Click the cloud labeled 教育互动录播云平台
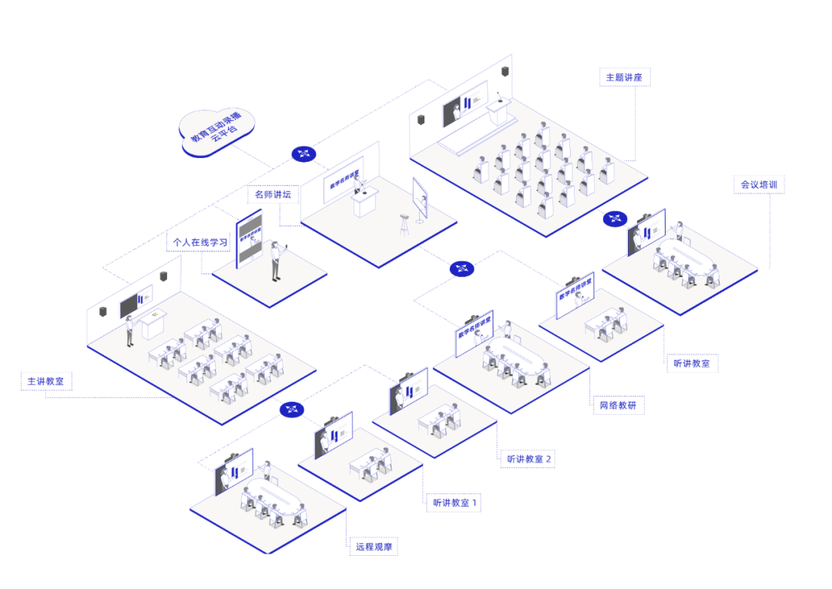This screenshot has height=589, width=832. tap(216, 132)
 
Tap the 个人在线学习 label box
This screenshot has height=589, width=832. tap(199, 242)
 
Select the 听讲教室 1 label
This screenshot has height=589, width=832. tap(454, 503)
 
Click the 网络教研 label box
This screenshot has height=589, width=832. tap(617, 406)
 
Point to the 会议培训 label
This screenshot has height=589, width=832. tap(758, 185)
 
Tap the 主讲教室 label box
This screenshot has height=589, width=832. tap(47, 381)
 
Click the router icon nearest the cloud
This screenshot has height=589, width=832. tap(304, 153)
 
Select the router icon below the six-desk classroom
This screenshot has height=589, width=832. tap(292, 410)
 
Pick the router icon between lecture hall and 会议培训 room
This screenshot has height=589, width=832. tap(614, 218)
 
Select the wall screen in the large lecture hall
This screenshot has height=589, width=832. tap(464, 104)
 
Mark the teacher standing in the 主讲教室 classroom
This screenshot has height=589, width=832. tap(129, 329)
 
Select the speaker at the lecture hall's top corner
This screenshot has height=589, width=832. tap(505, 72)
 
